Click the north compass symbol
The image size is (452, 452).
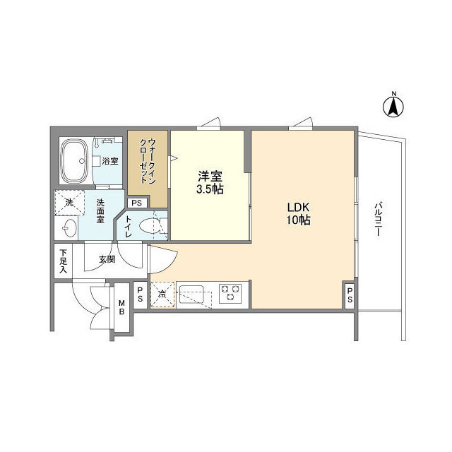[393, 106]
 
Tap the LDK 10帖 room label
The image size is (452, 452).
[299, 213]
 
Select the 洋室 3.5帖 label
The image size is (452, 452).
[210, 182]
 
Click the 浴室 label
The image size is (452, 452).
[109, 162]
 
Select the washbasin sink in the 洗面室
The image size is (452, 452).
[69, 227]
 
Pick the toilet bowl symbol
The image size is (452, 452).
[151, 226]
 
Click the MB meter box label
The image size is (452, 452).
[121, 308]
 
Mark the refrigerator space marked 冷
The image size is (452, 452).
[162, 294]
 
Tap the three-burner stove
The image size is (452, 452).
[230, 293]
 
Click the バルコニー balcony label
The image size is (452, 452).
[379, 221]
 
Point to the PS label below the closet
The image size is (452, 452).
[136, 203]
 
